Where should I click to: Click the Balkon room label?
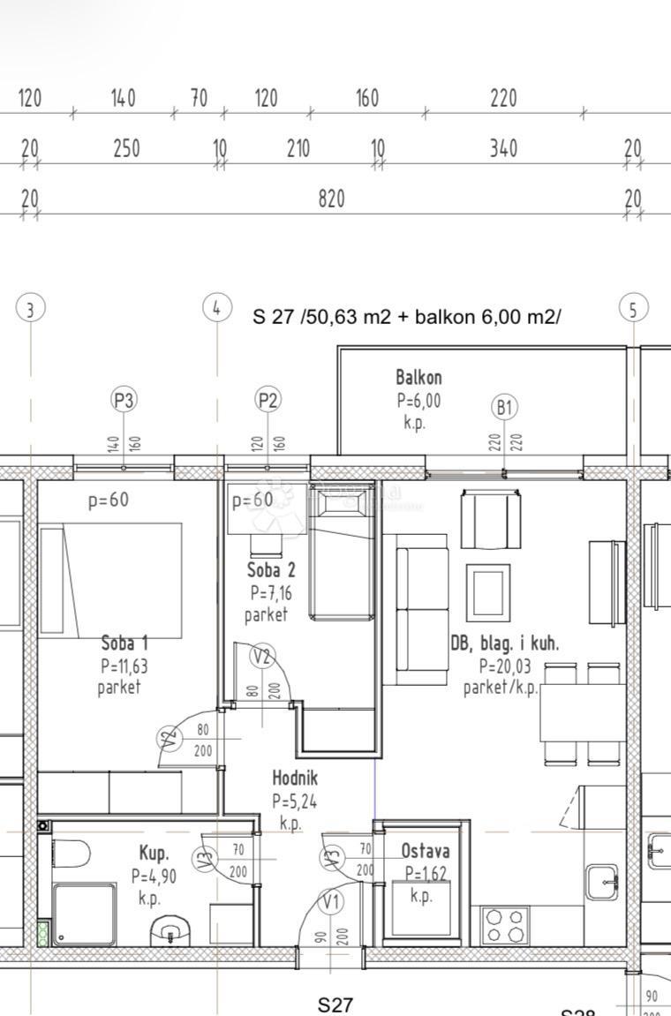click(418, 378)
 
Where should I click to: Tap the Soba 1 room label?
click(124, 643)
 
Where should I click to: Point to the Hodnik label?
click(294, 779)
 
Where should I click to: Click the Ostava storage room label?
click(425, 852)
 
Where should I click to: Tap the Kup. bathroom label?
click(154, 854)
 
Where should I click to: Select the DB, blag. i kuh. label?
click(504, 643)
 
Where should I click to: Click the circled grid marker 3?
click(31, 309)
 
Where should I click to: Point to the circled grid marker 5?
click(633, 309)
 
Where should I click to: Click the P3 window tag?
click(124, 400)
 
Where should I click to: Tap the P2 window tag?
click(268, 400)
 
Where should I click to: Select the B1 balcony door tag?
click(504, 407)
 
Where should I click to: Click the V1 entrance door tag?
click(332, 902)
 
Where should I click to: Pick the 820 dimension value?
click(331, 199)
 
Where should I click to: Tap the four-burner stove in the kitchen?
click(505, 926)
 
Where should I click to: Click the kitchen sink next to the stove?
click(601, 881)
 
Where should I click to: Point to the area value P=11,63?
click(124, 666)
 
